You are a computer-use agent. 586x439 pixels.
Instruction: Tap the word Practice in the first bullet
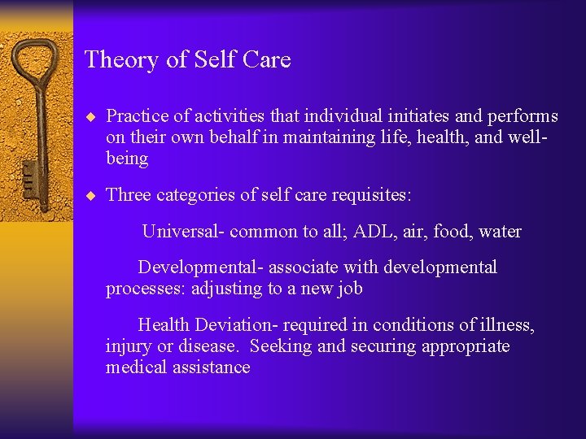point(135,116)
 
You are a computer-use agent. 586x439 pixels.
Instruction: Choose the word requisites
point(373,195)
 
